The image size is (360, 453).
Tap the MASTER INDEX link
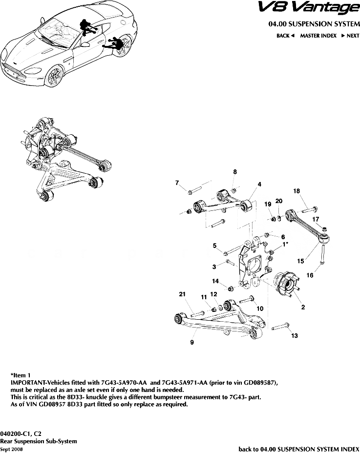318,36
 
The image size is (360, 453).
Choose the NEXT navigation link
350,36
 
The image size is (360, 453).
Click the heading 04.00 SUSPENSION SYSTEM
313,24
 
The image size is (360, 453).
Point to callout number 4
259,184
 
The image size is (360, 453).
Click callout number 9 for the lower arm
192,343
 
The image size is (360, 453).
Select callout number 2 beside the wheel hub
303,307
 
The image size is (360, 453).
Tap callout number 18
296,191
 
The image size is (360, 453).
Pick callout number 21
182,294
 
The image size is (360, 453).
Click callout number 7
177,183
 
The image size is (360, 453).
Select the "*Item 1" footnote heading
21,376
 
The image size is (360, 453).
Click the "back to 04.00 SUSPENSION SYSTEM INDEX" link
298,448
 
